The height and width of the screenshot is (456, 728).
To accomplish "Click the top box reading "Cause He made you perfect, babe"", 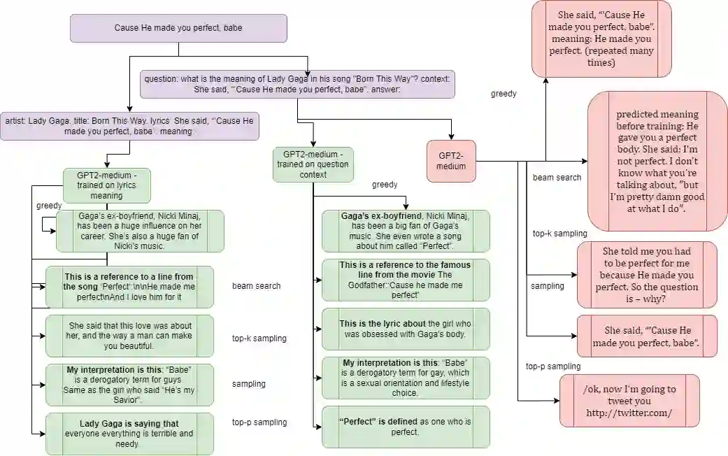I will (178, 28).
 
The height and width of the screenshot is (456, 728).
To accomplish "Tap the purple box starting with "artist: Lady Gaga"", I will (130, 126).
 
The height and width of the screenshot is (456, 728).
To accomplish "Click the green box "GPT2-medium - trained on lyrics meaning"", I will (107, 185).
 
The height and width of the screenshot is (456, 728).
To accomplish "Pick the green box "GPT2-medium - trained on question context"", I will (313, 164).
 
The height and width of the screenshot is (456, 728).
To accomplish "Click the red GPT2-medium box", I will (451, 161).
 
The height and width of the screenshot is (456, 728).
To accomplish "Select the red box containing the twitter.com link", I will (629, 401).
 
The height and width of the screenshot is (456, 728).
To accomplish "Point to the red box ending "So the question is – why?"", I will (647, 274).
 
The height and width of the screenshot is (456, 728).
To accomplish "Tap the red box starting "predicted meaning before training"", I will (657, 161).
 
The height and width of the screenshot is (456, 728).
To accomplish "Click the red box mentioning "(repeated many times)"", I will (601, 38).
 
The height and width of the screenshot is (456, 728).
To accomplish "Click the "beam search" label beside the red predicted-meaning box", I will (557, 178).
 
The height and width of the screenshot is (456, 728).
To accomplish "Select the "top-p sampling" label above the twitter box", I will (552, 366).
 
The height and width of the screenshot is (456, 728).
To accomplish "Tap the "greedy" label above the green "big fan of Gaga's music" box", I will (385, 185).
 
